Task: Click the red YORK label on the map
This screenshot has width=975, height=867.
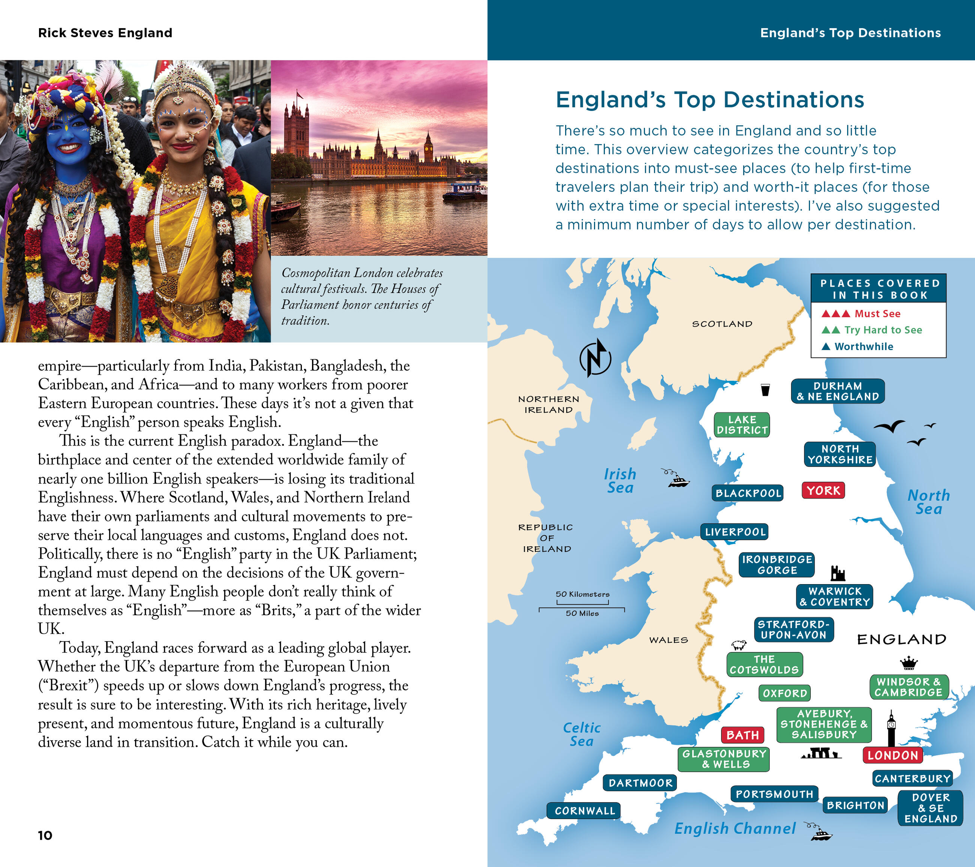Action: pyautogui.click(x=823, y=490)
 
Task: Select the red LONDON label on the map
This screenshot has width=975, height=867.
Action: pyautogui.click(x=892, y=755)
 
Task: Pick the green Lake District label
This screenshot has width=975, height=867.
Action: pyautogui.click(x=742, y=425)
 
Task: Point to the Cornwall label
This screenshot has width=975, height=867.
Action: pyautogui.click(x=584, y=811)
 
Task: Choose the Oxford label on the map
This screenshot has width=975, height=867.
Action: pyautogui.click(x=784, y=693)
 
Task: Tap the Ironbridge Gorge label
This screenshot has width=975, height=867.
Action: pyautogui.click(x=777, y=565)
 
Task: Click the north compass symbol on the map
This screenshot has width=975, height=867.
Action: pyautogui.click(x=595, y=358)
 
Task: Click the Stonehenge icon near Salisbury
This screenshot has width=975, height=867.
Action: pyautogui.click(x=821, y=754)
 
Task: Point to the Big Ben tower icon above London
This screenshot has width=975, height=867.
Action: pyautogui.click(x=891, y=728)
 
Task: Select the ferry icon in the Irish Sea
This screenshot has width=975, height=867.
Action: pyautogui.click(x=677, y=479)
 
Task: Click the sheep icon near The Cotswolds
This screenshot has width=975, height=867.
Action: pyautogui.click(x=739, y=645)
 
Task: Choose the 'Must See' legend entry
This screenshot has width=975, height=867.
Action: pyautogui.click(x=861, y=314)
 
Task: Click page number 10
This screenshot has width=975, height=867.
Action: pyautogui.click(x=45, y=835)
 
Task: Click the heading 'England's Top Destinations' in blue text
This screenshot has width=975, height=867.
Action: pyautogui.click(x=710, y=100)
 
